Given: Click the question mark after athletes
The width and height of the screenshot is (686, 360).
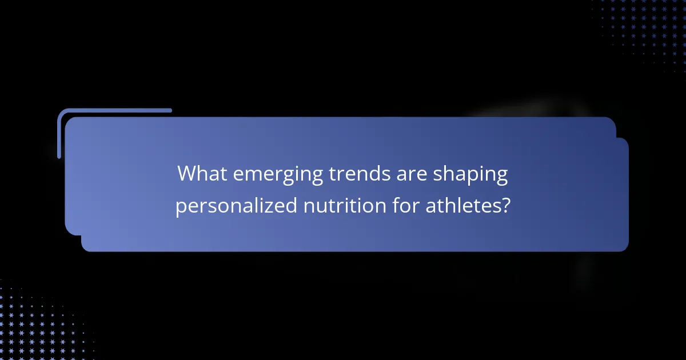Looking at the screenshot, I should point(505,205).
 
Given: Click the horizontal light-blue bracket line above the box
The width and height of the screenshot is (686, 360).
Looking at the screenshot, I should point(114,110).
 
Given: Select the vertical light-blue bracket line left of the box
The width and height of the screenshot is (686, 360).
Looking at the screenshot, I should point(59,134).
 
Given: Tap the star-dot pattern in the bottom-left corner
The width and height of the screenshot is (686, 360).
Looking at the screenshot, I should point(34,326).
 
